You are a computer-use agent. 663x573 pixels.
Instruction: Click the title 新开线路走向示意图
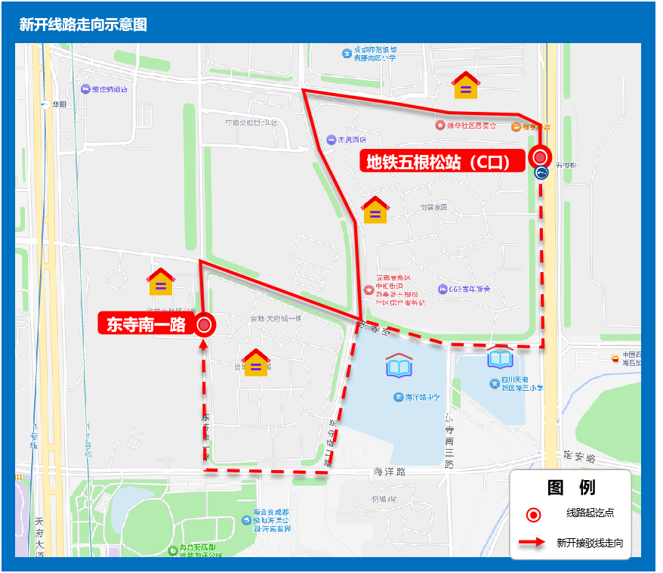[x=83, y=25]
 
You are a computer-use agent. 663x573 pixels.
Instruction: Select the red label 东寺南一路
[x=146, y=325]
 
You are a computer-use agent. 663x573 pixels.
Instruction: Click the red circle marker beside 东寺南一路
[x=204, y=326]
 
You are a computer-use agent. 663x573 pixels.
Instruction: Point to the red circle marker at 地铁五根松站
[x=540, y=156]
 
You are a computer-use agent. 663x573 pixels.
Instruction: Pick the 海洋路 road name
[x=390, y=472]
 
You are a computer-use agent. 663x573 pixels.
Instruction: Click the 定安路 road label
[x=579, y=458]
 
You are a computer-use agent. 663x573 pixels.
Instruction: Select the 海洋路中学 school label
[x=416, y=397]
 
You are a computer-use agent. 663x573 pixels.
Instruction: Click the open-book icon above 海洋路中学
[x=399, y=366]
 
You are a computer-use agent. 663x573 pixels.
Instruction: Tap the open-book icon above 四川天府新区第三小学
[x=500, y=358]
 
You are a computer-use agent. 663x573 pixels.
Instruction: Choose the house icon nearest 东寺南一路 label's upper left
[x=161, y=282]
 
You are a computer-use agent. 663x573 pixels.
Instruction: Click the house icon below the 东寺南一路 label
[x=256, y=363]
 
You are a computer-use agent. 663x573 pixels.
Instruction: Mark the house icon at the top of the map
[x=465, y=85]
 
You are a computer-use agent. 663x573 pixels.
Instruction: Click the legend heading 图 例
[x=570, y=488]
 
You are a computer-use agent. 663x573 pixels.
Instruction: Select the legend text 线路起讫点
[x=590, y=513]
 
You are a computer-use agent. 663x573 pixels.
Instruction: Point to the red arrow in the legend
[x=532, y=543]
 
